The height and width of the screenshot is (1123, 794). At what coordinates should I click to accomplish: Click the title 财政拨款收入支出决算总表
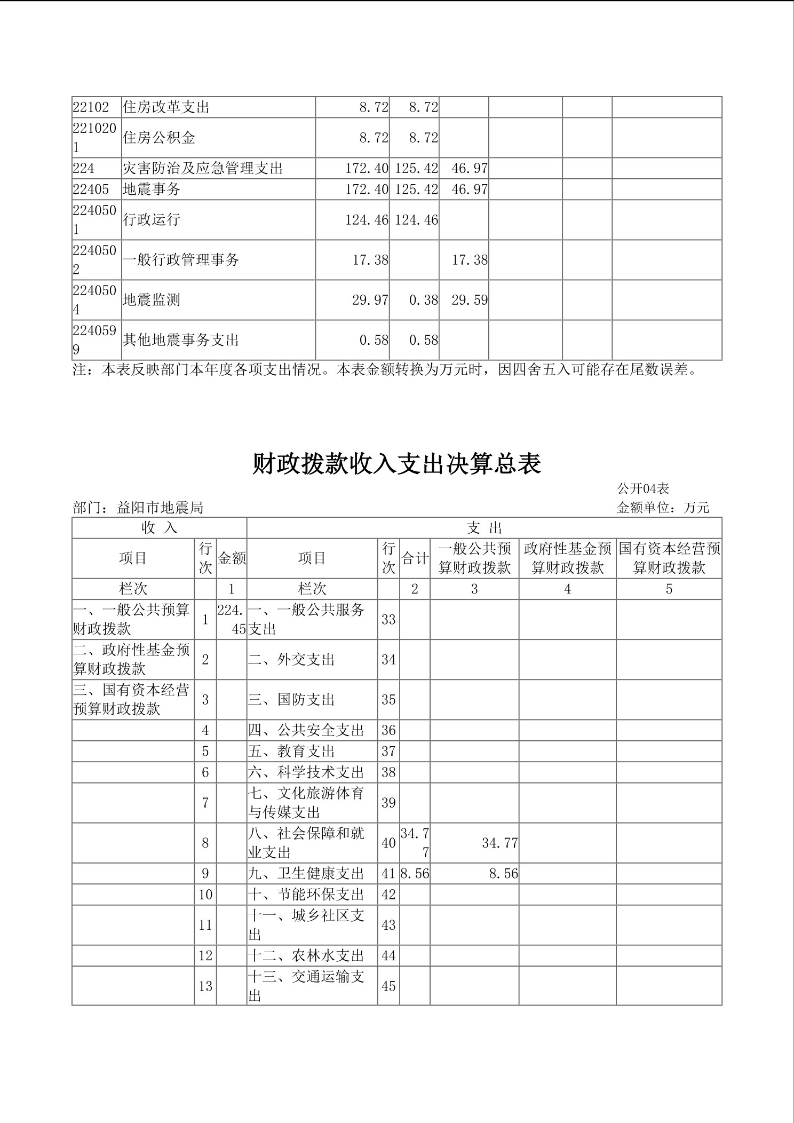[396, 464]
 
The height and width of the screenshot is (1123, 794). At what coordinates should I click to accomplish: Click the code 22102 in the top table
[91, 107]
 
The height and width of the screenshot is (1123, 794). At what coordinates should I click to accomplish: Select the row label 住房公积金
[159, 138]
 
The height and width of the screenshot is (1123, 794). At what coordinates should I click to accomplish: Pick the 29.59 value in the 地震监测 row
[470, 300]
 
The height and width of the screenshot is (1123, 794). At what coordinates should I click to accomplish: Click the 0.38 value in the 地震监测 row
[423, 300]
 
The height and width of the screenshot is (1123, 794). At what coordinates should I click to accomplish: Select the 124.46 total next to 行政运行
[367, 220]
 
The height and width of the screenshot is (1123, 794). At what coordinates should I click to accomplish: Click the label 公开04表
[643, 488]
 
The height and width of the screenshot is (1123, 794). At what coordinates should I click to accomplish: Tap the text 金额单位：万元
[663, 508]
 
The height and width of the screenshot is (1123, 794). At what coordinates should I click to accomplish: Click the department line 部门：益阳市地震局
[138, 508]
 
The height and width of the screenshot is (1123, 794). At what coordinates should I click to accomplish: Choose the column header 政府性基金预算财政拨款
[567, 558]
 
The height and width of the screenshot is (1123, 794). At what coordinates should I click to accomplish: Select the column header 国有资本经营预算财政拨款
[669, 558]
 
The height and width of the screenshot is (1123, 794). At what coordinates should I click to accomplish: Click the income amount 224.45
[232, 619]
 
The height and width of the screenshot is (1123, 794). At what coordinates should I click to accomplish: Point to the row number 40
[388, 843]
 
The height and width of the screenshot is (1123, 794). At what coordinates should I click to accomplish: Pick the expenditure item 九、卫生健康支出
[306, 874]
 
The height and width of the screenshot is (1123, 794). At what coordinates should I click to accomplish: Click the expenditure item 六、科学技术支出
[306, 772]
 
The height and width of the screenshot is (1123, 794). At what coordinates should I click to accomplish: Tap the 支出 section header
[484, 528]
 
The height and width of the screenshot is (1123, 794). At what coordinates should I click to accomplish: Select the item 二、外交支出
[291, 660]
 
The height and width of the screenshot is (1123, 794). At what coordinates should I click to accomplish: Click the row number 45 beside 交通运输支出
[388, 986]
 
